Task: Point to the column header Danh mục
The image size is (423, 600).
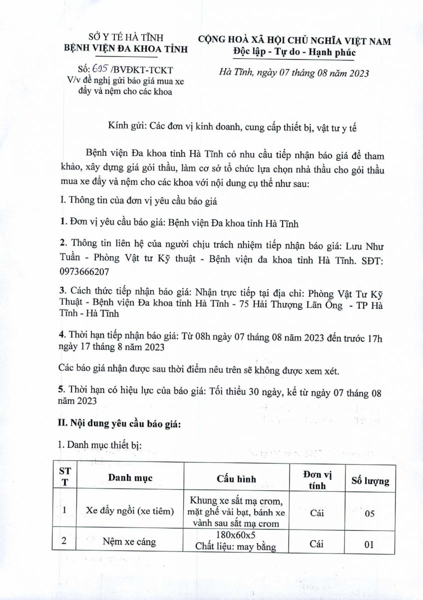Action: [130, 477]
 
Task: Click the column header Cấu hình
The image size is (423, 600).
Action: [236, 478]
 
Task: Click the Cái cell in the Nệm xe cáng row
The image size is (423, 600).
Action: [317, 544]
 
